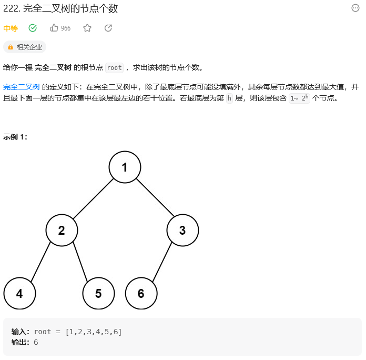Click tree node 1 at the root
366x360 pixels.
(x=125, y=167)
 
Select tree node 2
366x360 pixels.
(x=62, y=230)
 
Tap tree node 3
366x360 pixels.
(x=182, y=230)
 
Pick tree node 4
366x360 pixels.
(x=19, y=293)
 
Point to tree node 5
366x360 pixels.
(x=98, y=293)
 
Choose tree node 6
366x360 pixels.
(x=141, y=293)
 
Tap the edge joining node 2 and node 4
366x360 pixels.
(x=40, y=262)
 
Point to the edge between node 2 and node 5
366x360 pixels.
(x=80, y=262)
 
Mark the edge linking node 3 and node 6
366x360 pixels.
(x=162, y=262)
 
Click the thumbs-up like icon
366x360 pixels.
(x=54, y=28)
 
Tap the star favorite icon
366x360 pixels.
(x=87, y=28)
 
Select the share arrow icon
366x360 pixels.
(x=108, y=28)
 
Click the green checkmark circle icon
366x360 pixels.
(x=33, y=28)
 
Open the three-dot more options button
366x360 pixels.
(x=355, y=8)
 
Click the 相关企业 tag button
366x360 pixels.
(x=25, y=47)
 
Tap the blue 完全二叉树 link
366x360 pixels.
(x=22, y=87)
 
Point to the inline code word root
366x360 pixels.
(x=114, y=67)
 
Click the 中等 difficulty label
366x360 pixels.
(x=11, y=28)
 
